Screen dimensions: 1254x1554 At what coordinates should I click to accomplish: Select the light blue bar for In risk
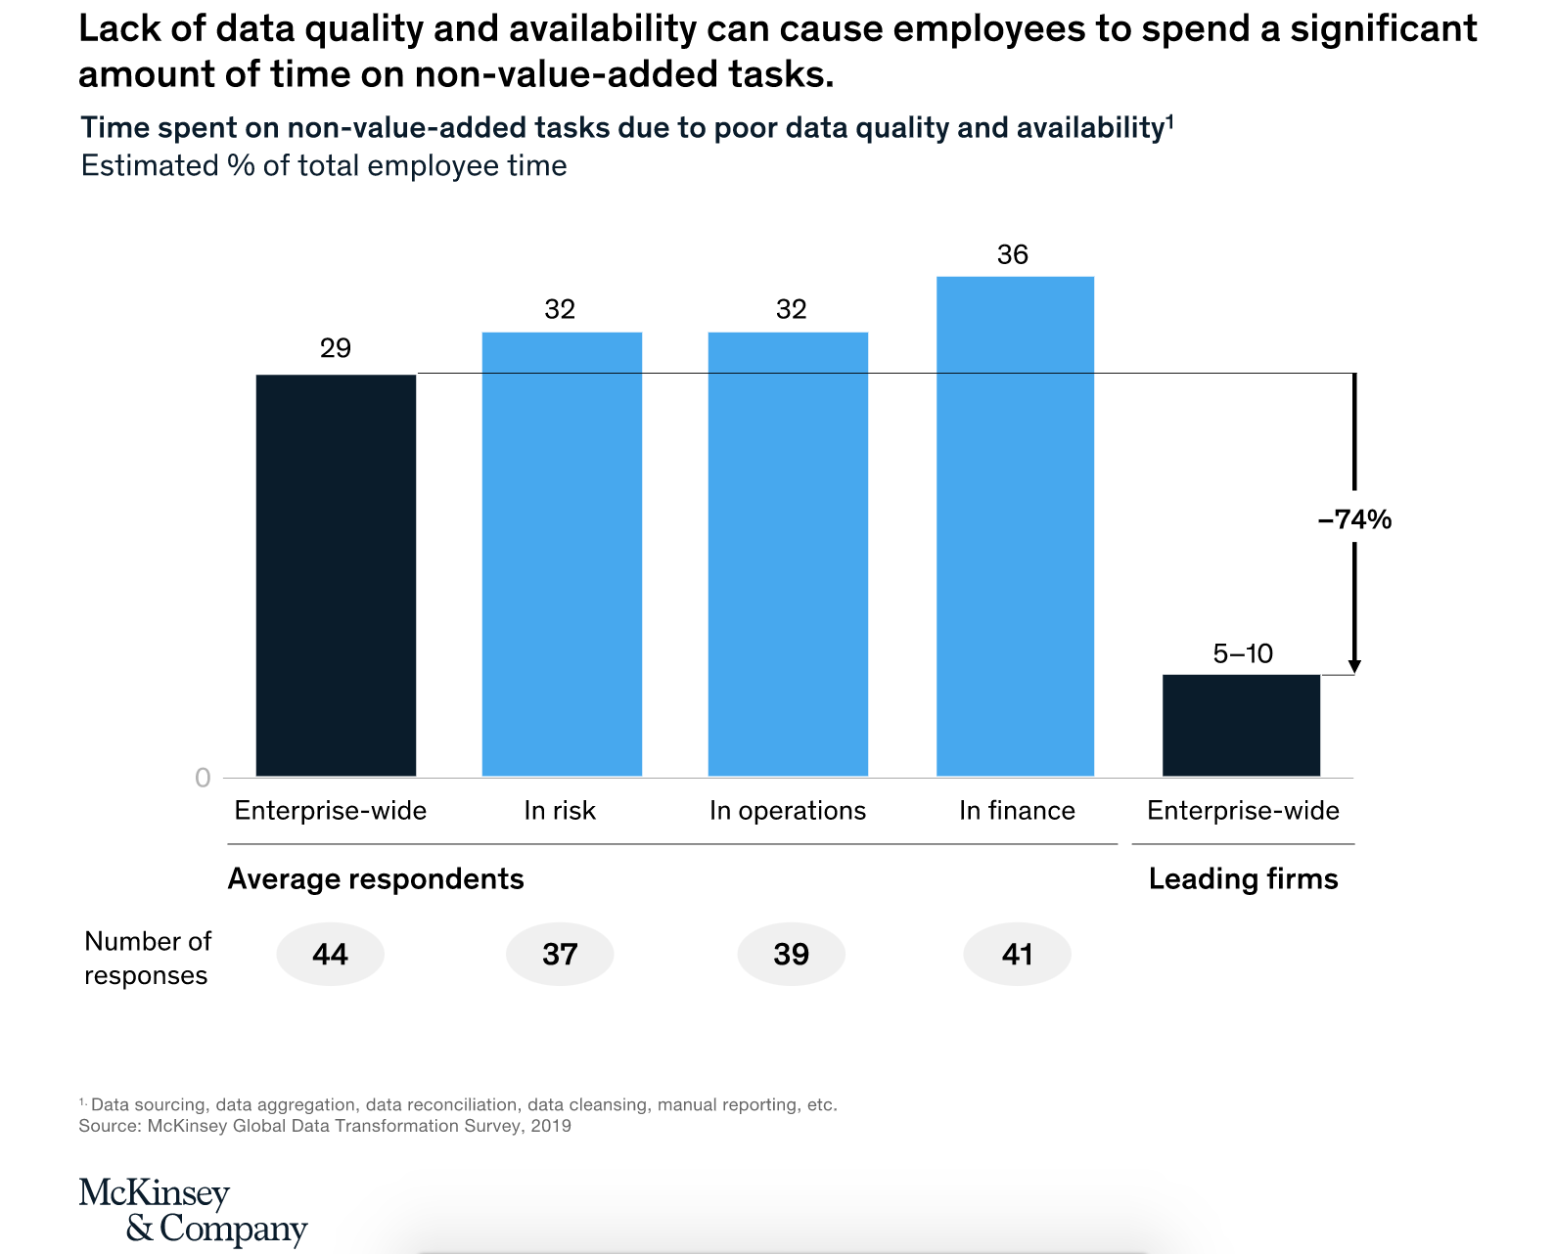point(562,554)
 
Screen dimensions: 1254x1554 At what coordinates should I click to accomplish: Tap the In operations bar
point(788,554)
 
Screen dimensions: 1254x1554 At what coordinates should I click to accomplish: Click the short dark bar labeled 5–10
point(1241,725)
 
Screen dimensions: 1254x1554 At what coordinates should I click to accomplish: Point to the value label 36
point(1013,255)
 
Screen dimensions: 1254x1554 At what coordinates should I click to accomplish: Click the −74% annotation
point(1354,519)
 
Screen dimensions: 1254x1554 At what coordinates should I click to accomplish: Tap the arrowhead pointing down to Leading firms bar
point(1354,666)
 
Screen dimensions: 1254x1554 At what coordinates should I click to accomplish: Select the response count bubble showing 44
point(331,954)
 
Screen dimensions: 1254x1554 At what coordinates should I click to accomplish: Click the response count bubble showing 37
point(560,954)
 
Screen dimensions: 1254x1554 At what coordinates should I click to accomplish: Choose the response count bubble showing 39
point(791,954)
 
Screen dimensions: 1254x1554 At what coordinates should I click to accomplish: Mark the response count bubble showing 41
point(1018,954)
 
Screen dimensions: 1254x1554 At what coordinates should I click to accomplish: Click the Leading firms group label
point(1243,879)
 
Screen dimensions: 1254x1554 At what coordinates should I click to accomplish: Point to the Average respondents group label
point(376,879)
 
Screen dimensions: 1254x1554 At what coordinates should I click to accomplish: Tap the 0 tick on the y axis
point(203,778)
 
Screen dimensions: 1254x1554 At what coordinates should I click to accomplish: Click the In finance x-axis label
point(1017,811)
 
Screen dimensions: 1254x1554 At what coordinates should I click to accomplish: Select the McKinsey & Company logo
point(193,1210)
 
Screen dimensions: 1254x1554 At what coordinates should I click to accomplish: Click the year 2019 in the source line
point(550,1126)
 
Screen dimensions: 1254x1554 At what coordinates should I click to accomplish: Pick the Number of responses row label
point(147,958)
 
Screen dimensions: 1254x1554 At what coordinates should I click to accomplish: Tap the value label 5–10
point(1243,653)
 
